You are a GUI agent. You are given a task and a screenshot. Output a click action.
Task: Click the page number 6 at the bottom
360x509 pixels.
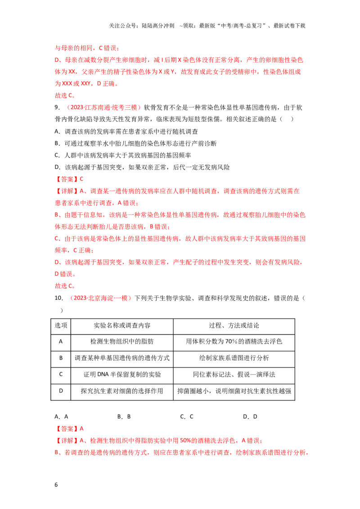click(x=56, y=485)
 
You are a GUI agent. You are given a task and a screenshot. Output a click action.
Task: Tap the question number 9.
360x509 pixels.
click(x=57, y=107)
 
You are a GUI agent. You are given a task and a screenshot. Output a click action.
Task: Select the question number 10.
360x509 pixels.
click(x=58, y=298)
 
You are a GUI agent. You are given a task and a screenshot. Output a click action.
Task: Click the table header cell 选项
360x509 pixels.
click(x=61, y=326)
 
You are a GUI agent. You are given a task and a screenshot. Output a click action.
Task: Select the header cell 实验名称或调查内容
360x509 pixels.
click(x=122, y=326)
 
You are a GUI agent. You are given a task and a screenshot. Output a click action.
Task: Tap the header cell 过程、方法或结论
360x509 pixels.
click(x=234, y=326)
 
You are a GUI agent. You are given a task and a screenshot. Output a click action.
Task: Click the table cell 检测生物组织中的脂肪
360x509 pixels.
click(x=122, y=341)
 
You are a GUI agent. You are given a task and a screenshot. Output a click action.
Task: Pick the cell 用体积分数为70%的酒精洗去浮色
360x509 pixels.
click(x=234, y=341)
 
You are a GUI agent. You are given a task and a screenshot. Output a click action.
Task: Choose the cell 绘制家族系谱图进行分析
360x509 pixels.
click(x=234, y=358)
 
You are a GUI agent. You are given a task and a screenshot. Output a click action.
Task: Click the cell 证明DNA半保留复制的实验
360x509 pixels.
click(x=122, y=375)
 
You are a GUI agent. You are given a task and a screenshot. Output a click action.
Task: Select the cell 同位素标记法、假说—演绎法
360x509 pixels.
click(x=234, y=375)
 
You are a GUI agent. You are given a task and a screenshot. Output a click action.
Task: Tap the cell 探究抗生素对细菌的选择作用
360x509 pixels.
click(x=122, y=391)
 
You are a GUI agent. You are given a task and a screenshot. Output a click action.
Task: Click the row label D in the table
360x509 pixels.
click(x=61, y=391)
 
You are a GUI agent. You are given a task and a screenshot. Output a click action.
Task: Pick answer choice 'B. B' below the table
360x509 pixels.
click(x=124, y=416)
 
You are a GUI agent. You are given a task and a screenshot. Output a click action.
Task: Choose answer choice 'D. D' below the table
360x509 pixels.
click(x=250, y=416)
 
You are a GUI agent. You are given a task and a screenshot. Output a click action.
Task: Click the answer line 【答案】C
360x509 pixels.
click(x=69, y=179)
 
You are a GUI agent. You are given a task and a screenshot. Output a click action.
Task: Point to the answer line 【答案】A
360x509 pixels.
click(x=69, y=429)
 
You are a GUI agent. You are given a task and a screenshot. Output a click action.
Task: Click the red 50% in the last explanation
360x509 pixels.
click(x=185, y=441)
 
